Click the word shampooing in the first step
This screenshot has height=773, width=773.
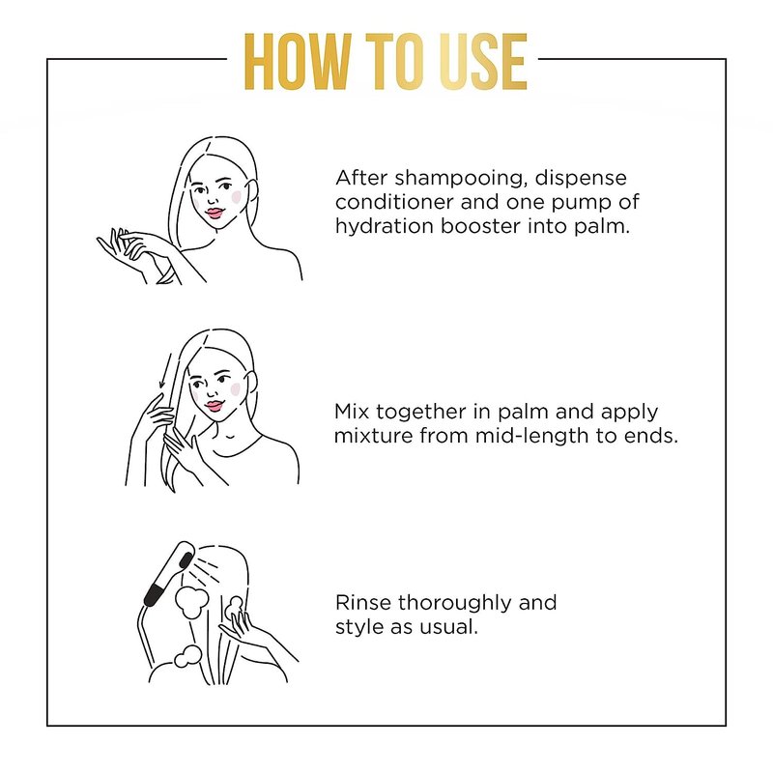point(458,179)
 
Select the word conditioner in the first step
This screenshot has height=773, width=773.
point(394,202)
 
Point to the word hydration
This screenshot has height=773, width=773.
point(384,227)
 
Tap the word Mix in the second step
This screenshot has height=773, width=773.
point(352,412)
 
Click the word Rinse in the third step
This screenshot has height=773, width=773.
point(363,602)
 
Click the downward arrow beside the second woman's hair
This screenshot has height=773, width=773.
point(165,371)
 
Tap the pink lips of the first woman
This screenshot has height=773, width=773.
point(215,213)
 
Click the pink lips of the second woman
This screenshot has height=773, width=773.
point(214,406)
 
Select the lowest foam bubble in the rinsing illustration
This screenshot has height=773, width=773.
point(187,656)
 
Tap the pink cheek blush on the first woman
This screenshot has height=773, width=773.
point(236,197)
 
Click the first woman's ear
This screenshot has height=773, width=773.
point(251,191)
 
